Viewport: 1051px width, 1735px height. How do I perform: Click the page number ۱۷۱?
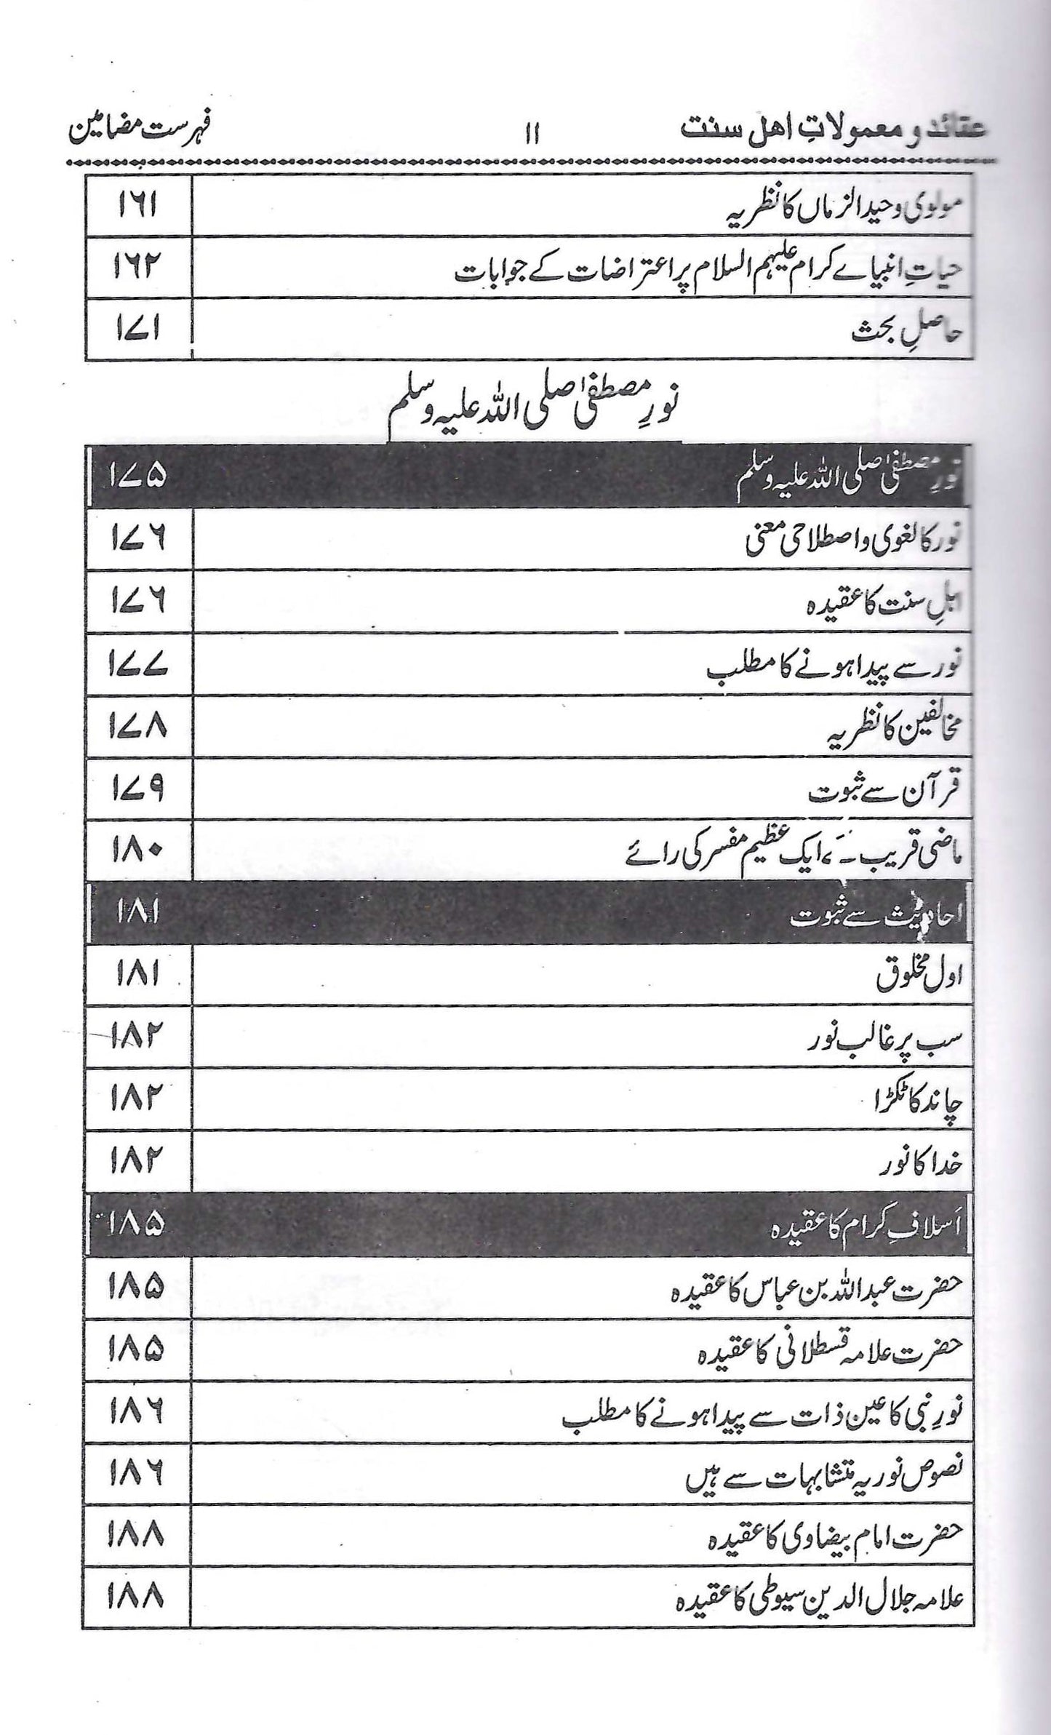(136, 331)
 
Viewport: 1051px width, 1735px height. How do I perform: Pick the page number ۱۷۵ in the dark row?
(136, 476)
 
